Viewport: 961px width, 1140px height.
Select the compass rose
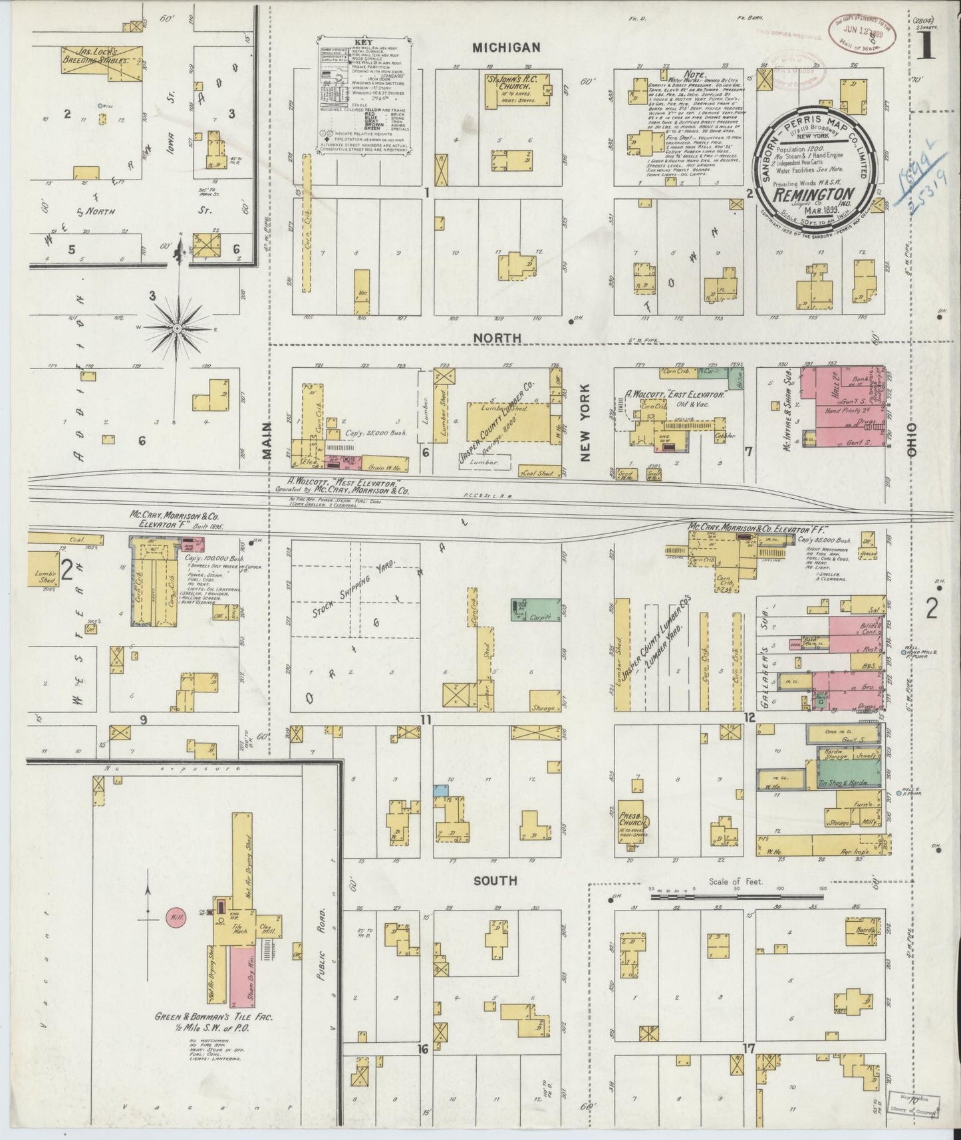(x=178, y=328)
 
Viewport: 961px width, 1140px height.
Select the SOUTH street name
(x=495, y=881)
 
